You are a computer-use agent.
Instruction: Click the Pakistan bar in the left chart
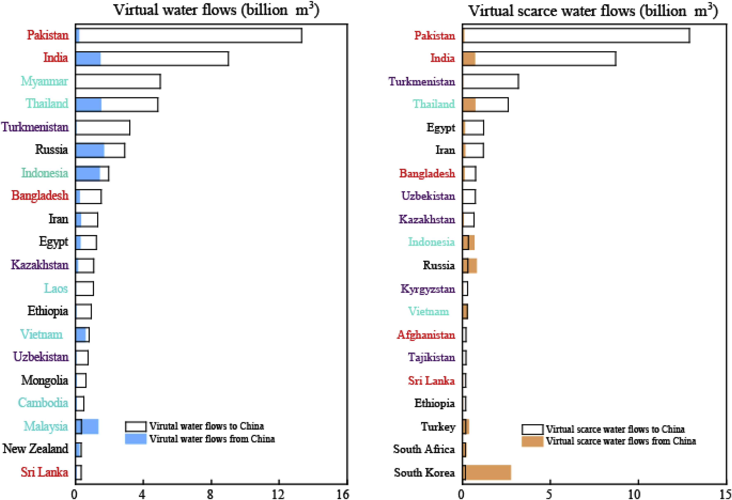pos(189,35)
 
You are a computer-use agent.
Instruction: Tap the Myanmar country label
pos(44,81)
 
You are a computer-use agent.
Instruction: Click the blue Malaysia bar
pos(87,427)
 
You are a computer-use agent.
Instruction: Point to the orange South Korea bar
pos(487,472)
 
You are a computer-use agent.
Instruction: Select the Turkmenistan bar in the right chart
pos(491,82)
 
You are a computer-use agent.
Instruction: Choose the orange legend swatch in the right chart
pos(532,441)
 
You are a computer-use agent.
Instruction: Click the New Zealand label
pos(35,449)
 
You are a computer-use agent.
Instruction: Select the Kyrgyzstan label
pos(428,289)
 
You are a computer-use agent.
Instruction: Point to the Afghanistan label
pos(426,335)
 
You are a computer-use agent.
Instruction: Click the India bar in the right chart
pos(539,59)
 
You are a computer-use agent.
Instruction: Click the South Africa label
pos(424,449)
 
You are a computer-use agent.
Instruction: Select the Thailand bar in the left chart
pos(117,104)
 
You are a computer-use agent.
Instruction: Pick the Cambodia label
pos(43,403)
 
